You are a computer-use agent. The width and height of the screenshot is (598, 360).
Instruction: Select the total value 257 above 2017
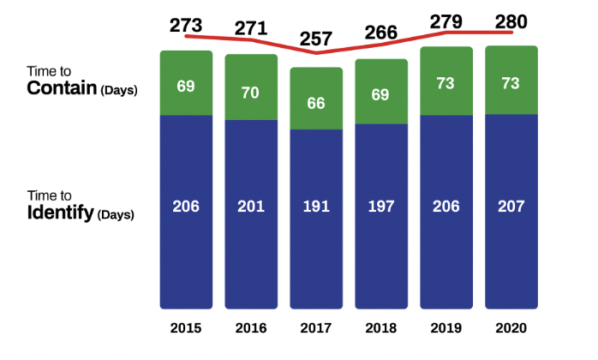316,39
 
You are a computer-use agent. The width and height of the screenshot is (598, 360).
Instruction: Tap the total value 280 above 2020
511,21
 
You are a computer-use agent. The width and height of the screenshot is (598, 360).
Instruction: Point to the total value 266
381,33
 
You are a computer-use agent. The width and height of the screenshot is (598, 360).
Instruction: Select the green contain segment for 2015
186,82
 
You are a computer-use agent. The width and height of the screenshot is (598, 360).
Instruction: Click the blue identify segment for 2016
251,214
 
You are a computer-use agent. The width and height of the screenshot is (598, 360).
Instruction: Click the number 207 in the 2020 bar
511,207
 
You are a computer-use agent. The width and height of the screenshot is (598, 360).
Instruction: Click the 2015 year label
186,328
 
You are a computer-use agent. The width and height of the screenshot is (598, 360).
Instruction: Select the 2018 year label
381,328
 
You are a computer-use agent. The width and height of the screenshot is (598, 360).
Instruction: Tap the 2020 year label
511,328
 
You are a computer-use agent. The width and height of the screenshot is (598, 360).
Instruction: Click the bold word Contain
62,88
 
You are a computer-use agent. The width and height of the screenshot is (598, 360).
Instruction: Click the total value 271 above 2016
251,27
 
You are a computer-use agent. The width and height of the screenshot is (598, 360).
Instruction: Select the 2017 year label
316,328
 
